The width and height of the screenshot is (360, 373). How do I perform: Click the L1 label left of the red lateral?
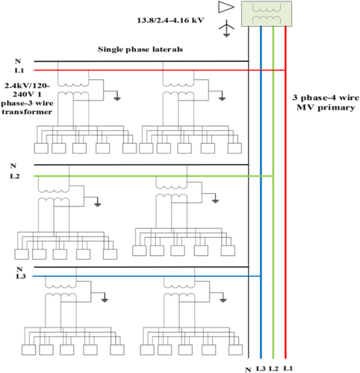click(19, 70)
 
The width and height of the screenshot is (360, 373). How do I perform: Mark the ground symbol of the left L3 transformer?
click(105, 301)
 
